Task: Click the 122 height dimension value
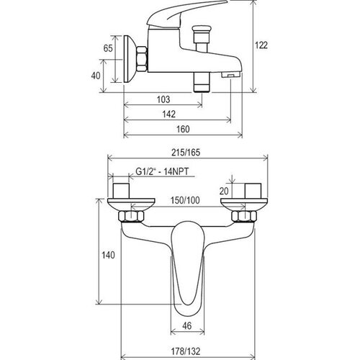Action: (261, 45)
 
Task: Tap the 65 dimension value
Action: (108, 48)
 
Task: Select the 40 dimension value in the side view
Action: (96, 76)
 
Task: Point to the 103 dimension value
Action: (163, 99)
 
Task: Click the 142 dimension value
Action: (169, 114)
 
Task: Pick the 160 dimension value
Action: (183, 129)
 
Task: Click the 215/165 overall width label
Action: (186, 153)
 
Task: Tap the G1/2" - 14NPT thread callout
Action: (162, 171)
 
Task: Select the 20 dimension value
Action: (224, 191)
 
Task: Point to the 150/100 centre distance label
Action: (185, 200)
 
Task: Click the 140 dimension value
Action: (108, 255)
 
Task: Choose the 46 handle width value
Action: (187, 325)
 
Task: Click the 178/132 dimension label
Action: (186, 351)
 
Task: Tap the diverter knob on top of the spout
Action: (201, 31)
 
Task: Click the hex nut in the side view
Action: (142, 59)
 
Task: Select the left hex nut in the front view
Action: (131, 216)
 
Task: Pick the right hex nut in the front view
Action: (244, 216)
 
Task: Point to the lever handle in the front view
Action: (187, 264)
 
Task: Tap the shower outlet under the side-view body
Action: (202, 82)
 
